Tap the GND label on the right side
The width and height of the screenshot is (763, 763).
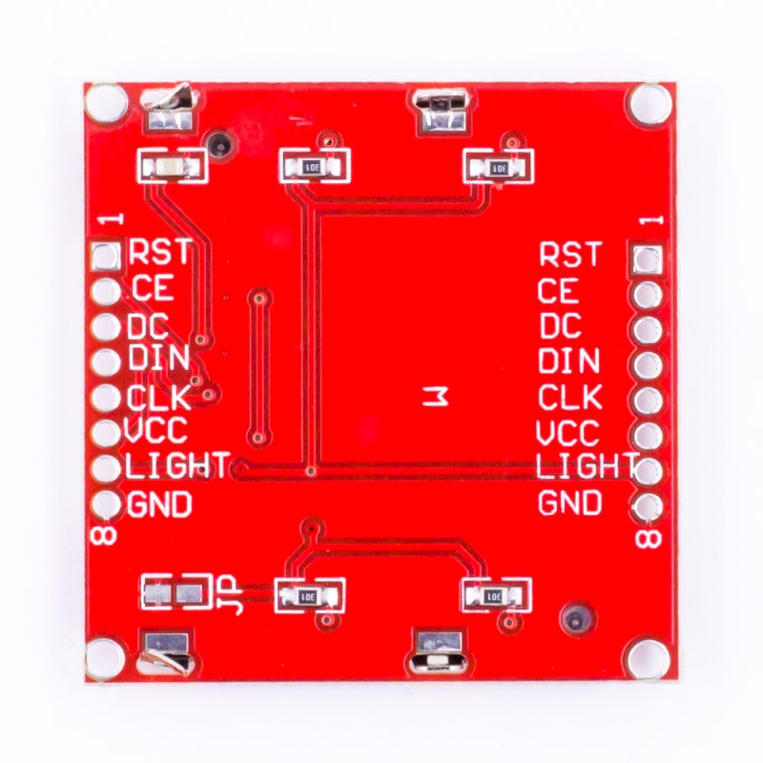[569, 503]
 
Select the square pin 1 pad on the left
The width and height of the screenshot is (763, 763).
[105, 257]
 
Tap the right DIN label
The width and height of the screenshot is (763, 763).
[568, 361]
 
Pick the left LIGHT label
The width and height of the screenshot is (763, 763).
[176, 465]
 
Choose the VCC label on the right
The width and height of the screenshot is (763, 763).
[567, 433]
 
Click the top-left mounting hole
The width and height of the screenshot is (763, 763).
[105, 103]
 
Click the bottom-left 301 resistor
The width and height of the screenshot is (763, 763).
[309, 595]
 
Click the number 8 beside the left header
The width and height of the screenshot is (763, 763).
[104, 536]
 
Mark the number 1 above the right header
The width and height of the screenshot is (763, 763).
[650, 220]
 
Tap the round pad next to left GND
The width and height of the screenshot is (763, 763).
[105, 504]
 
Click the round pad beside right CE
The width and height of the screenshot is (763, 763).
[648, 295]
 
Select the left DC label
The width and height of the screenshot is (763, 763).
[148, 326]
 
